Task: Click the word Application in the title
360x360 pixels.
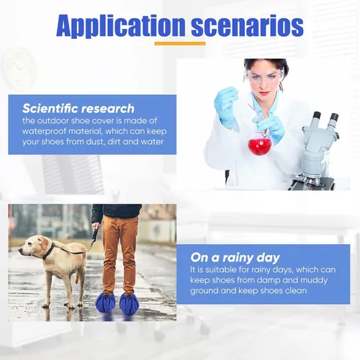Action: [x=121, y=26]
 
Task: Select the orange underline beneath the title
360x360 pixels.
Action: [x=180, y=43]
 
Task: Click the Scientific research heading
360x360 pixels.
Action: [x=78, y=109]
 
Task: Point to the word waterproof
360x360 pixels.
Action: [x=44, y=132]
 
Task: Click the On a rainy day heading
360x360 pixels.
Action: [x=235, y=258]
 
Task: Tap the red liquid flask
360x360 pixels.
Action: [x=259, y=143]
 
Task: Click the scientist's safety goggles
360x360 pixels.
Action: [x=264, y=77]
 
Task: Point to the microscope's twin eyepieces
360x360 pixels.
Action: [x=325, y=119]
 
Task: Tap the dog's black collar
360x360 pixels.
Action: [x=49, y=251]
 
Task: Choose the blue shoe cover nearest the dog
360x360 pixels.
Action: [x=105, y=303]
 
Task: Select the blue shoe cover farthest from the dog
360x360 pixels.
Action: [x=129, y=305]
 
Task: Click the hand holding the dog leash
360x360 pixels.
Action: [x=96, y=226]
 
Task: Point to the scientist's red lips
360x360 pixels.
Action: [x=263, y=93]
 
